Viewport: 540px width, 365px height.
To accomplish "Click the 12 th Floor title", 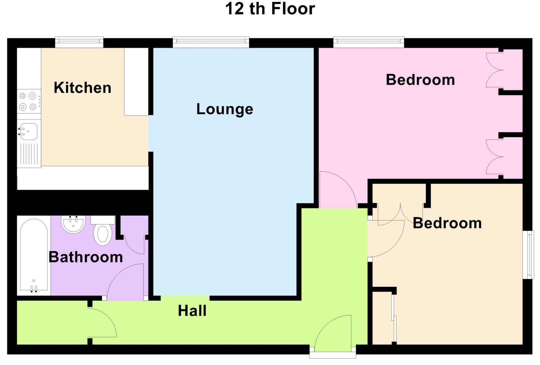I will pyautogui.click(x=270, y=9).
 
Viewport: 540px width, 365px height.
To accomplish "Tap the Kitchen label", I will pyautogui.click(x=82, y=88).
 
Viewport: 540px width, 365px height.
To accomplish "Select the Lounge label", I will pyautogui.click(x=225, y=109).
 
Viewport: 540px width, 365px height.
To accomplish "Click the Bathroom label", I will pyautogui.click(x=86, y=257).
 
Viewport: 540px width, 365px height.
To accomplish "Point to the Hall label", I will pyautogui.click(x=192, y=311).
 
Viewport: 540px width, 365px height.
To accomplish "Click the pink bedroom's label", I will pyautogui.click(x=420, y=80).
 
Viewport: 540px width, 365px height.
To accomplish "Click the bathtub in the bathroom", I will pyautogui.click(x=34, y=254).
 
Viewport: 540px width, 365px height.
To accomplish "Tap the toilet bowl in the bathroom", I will pyautogui.click(x=103, y=235).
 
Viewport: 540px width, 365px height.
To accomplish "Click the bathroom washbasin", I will pyautogui.click(x=73, y=224).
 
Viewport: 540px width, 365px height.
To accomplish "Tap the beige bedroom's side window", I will pyautogui.click(x=528, y=255).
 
